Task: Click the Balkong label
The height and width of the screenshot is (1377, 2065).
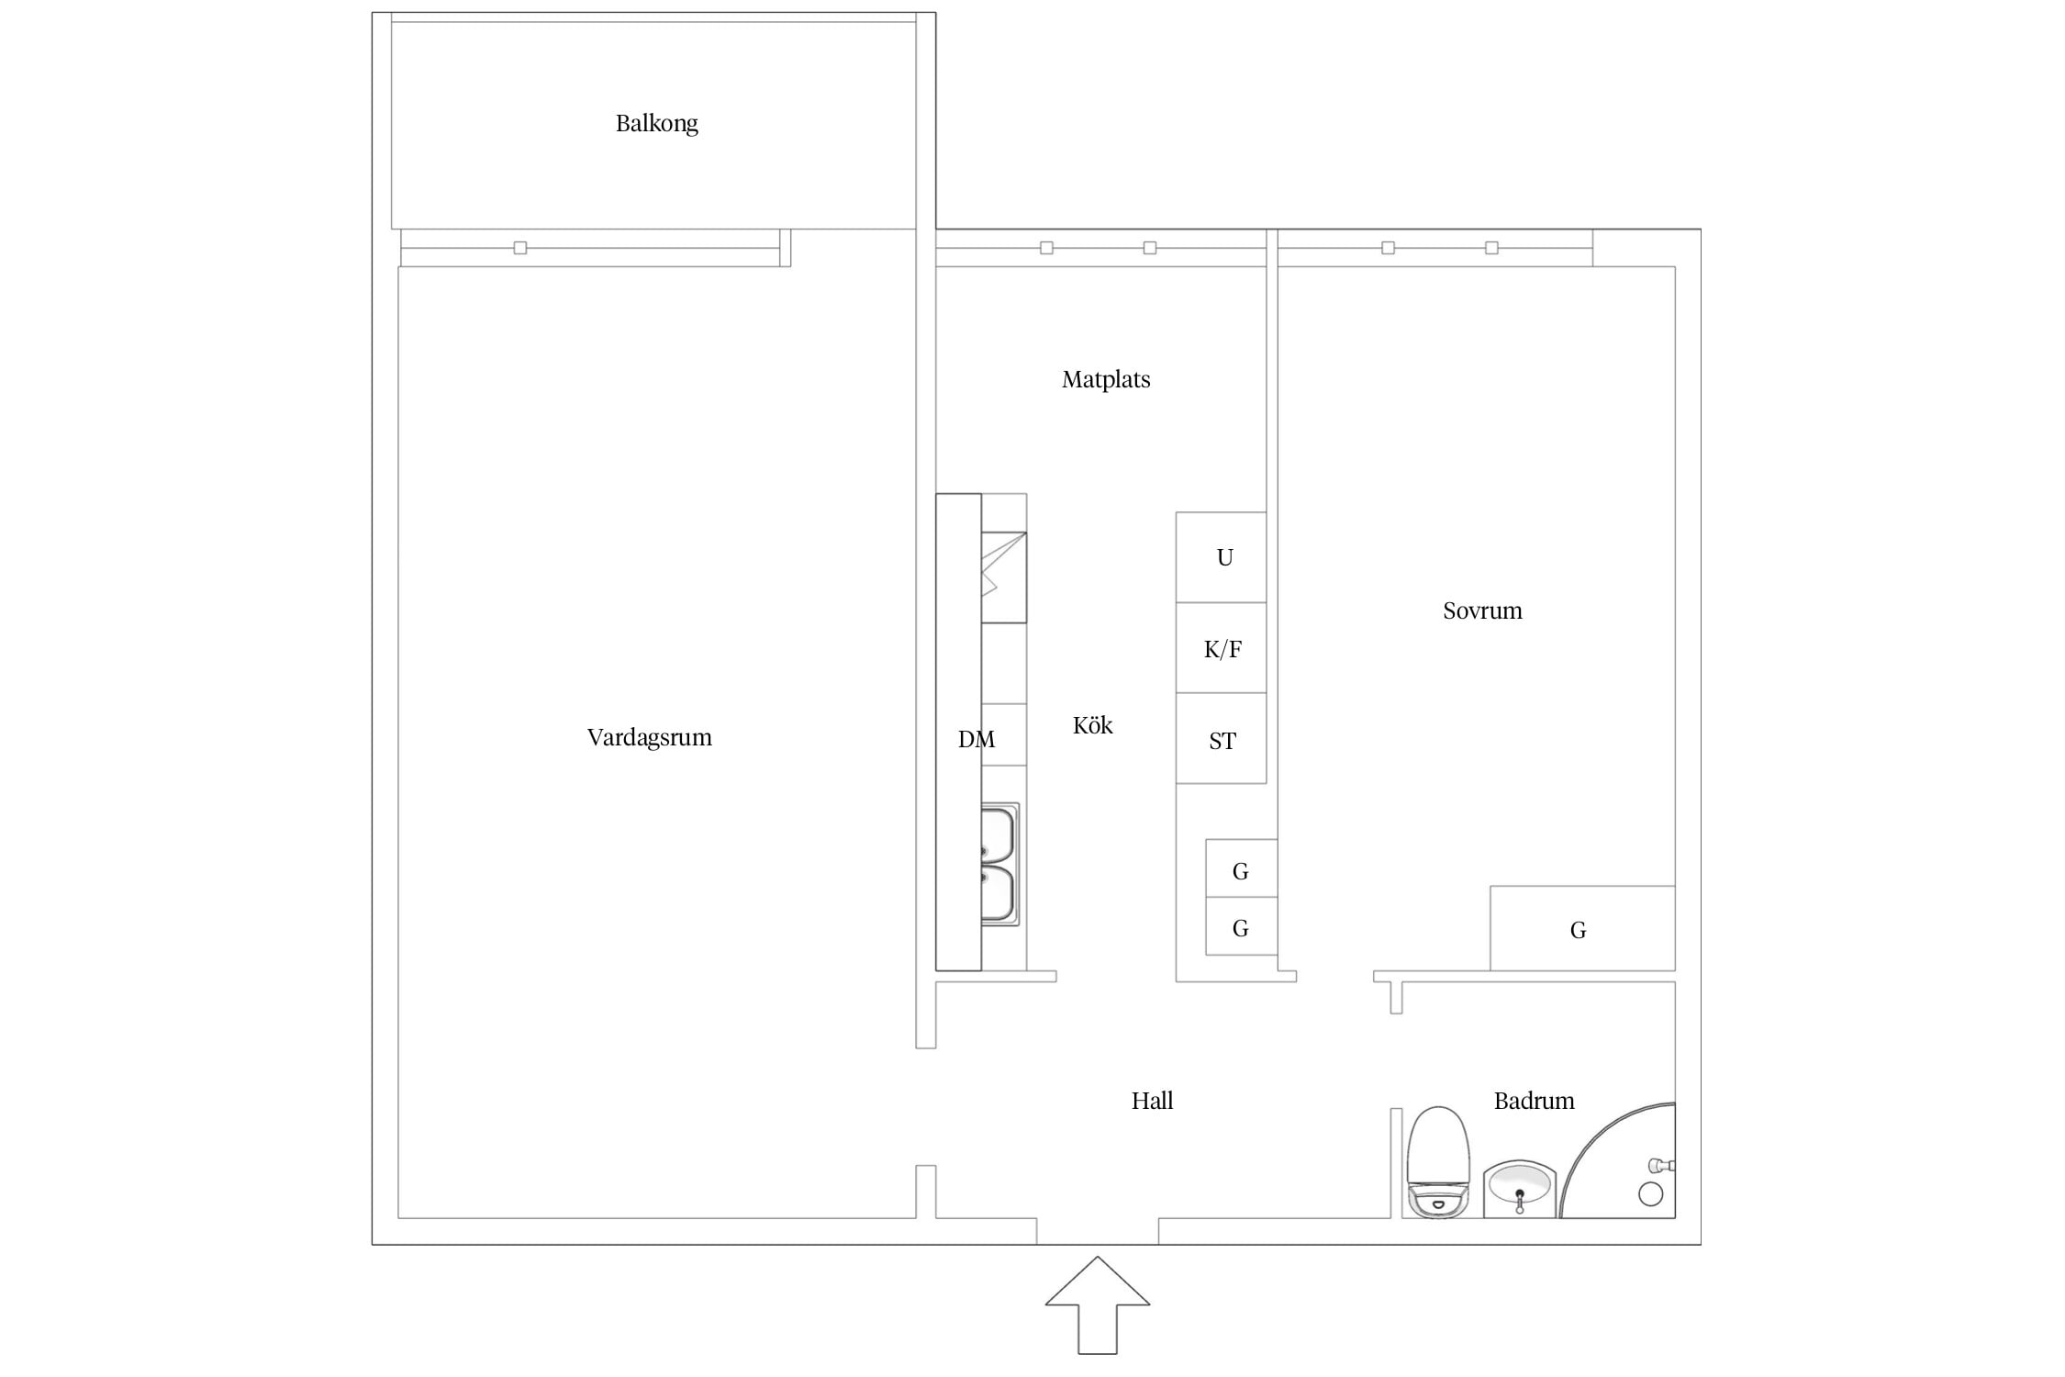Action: point(656,124)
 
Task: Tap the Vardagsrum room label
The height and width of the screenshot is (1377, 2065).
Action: point(649,737)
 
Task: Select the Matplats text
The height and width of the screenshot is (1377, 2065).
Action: point(1106,380)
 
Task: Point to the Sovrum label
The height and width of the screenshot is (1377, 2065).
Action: point(1482,610)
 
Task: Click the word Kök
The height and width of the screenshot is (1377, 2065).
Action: point(1092,725)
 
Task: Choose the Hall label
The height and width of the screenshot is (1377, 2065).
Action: point(1152,1101)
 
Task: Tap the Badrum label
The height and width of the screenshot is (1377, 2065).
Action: point(1534,1101)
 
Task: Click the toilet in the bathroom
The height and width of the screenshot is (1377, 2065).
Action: point(1438,1162)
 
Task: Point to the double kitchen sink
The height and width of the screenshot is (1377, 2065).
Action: point(999,864)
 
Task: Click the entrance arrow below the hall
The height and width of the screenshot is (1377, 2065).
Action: point(1097,1305)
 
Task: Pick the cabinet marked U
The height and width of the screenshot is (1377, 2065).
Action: point(1222,557)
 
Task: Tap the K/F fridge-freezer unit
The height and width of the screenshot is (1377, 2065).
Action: point(1222,648)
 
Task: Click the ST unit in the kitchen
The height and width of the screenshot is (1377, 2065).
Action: point(1222,739)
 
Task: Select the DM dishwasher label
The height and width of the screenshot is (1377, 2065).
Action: point(976,739)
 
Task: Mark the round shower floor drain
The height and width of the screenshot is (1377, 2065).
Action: point(1650,1193)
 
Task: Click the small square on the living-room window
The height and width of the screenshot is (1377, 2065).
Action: point(520,248)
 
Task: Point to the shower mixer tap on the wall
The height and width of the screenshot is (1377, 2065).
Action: point(1662,1166)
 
